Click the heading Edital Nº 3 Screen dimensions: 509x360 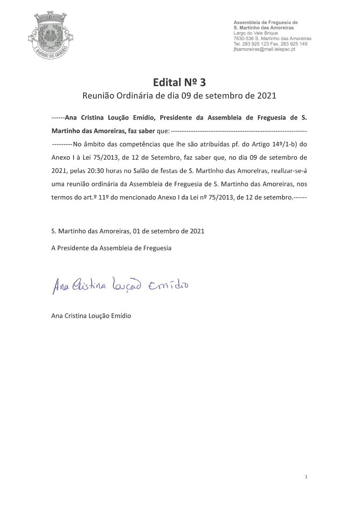[x=179, y=82]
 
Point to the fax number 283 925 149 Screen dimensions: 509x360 [x=295, y=44]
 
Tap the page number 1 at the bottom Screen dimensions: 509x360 [x=306, y=477]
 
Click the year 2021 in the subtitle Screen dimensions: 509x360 [x=266, y=96]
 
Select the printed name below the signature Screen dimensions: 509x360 [x=91, y=316]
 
